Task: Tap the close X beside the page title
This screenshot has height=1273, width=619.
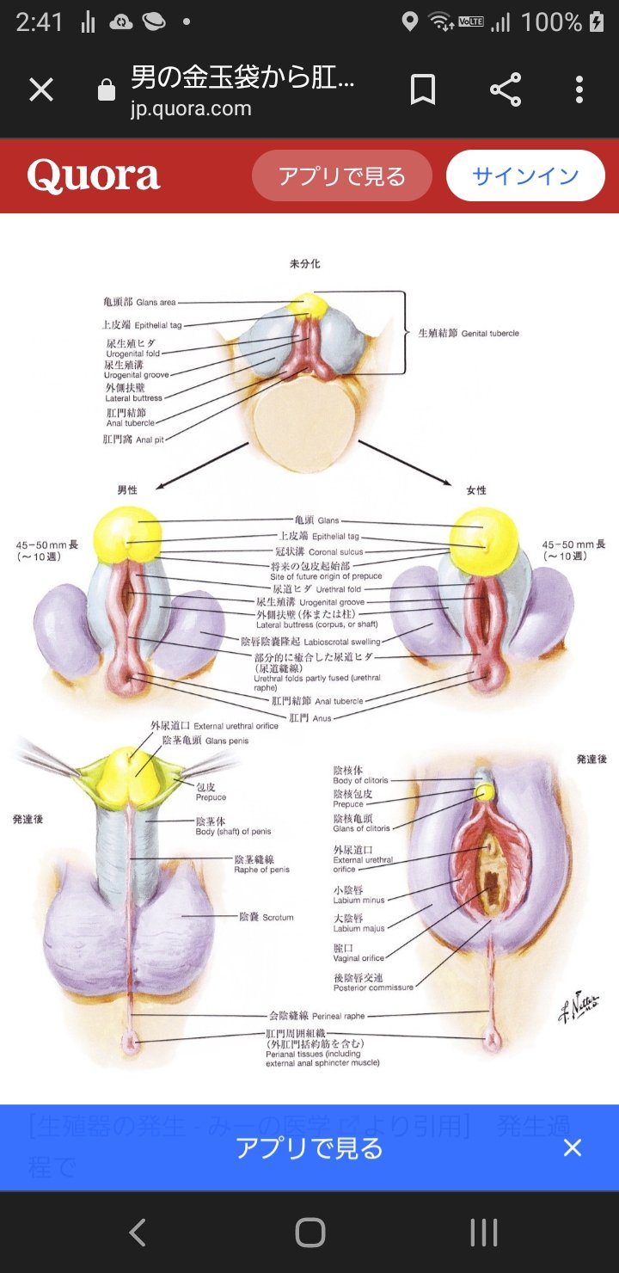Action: click(41, 89)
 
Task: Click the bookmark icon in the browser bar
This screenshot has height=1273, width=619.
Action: click(422, 89)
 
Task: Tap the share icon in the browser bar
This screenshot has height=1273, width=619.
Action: click(506, 89)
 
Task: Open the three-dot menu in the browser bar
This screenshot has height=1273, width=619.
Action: click(579, 89)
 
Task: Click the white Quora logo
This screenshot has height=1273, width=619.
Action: click(94, 175)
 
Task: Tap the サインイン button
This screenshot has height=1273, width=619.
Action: click(525, 175)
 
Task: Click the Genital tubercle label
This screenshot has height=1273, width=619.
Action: click(469, 333)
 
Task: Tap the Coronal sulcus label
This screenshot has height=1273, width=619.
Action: click(317, 551)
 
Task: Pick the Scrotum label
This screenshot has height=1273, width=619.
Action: click(267, 917)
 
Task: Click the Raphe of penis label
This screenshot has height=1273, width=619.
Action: click(261, 864)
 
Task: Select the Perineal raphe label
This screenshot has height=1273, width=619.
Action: click(317, 1016)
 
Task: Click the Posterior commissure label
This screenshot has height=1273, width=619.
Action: click(373, 982)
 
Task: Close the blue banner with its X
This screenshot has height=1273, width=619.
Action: click(573, 1147)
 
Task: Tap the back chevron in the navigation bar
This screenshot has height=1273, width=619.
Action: click(137, 1233)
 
